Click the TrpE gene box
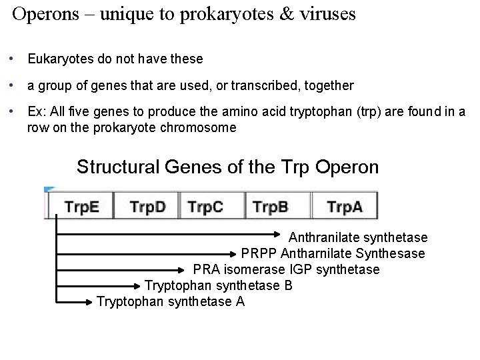tap(81, 206)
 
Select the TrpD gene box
tap(147, 206)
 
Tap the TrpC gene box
tap(212, 206)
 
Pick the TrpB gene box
tap(277, 206)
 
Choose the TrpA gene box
tap(345, 206)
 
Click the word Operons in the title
tap(43, 15)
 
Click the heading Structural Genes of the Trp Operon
tap(227, 167)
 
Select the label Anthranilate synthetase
tap(358, 238)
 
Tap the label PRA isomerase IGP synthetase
tap(286, 269)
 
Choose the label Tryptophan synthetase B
tap(218, 285)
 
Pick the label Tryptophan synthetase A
tap(171, 301)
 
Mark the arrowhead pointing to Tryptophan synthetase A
tap(91, 302)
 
